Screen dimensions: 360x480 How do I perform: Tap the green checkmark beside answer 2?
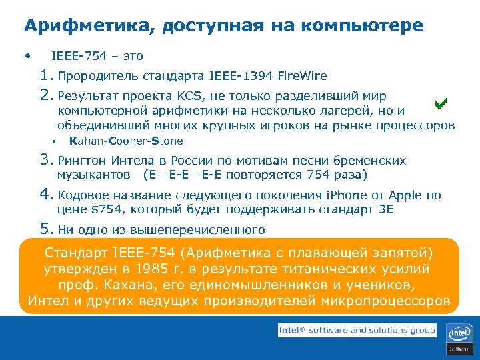click(x=439, y=103)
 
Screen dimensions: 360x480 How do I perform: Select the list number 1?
click(x=46, y=75)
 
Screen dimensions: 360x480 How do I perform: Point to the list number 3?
click(x=46, y=160)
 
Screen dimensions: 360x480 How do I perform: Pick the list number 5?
click(x=46, y=229)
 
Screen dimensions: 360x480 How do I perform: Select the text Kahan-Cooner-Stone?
click(x=125, y=141)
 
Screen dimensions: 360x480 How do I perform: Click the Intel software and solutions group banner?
click(x=357, y=330)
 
